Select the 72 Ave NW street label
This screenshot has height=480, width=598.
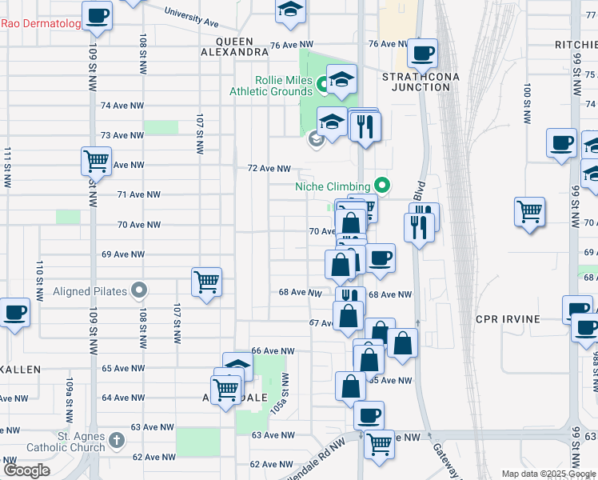click(x=269, y=169)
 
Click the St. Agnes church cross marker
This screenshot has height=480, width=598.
click(x=116, y=440)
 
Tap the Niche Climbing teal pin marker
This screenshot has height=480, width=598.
click(x=382, y=186)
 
